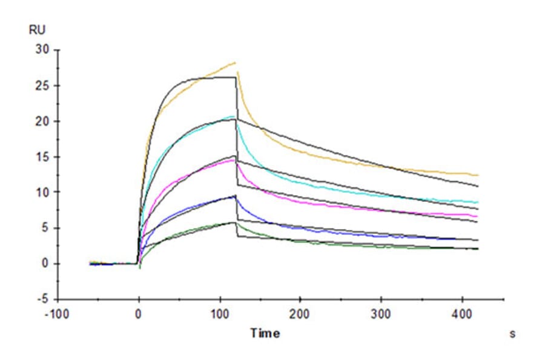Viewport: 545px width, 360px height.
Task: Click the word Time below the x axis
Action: pyautogui.click(x=265, y=333)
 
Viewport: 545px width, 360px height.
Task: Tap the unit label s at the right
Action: pyautogui.click(x=512, y=334)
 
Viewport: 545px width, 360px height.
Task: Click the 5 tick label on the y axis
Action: pyautogui.click(x=44, y=228)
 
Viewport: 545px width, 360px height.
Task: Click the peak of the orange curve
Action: pyautogui.click(x=235, y=62)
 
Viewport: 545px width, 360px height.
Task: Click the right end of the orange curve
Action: pyautogui.click(x=478, y=175)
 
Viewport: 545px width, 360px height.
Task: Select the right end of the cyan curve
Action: pyautogui.click(x=478, y=202)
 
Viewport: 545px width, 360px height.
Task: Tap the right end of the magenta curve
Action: pyautogui.click(x=478, y=216)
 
